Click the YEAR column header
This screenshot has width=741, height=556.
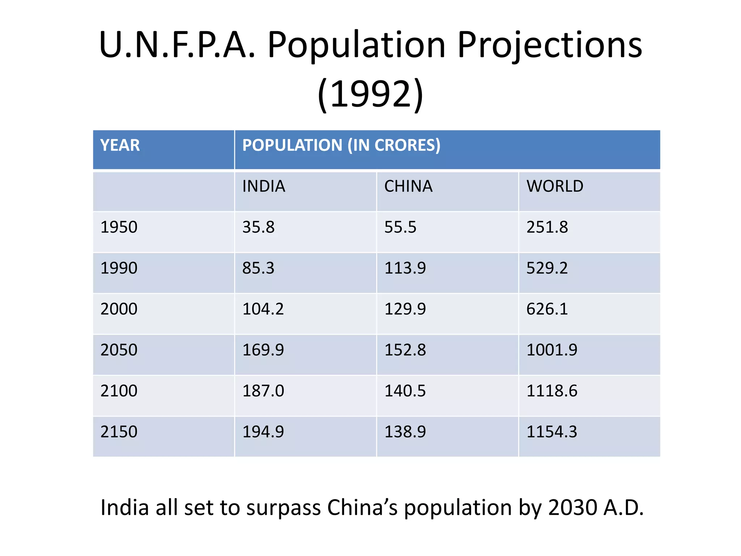[120, 145]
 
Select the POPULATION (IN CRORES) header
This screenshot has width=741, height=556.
[341, 145]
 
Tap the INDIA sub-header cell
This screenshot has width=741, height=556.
[263, 186]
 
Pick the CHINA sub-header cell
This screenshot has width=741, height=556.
[408, 186]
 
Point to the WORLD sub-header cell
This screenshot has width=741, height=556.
[554, 186]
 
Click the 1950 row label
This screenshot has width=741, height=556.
[119, 227]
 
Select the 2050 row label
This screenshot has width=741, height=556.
[119, 350]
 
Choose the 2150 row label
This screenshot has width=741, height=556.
[119, 432]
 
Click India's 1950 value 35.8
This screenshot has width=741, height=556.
[258, 227]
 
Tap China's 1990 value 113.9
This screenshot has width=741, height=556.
[405, 268]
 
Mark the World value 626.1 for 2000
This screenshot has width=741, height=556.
[547, 309]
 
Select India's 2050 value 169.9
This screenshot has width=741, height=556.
[263, 350]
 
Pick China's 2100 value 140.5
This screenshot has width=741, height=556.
[405, 391]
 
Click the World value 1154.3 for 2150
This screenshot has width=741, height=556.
[551, 432]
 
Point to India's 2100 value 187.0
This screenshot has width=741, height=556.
[263, 391]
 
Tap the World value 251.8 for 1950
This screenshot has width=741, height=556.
[547, 227]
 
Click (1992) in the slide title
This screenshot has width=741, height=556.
[370, 94]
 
